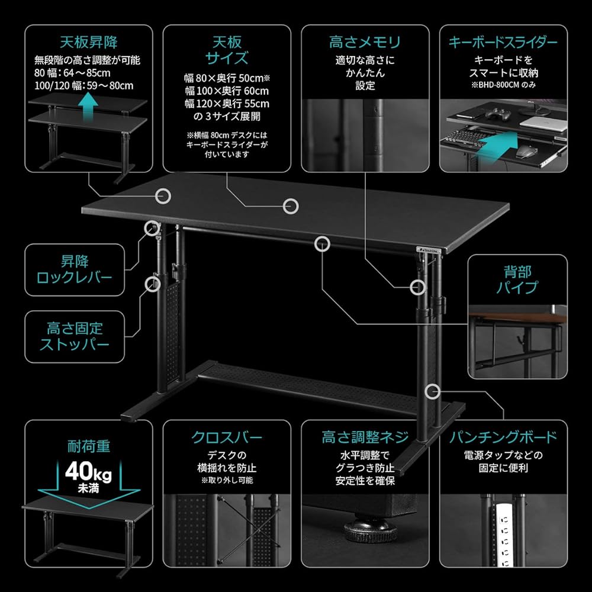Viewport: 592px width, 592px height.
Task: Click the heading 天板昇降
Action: click(89, 42)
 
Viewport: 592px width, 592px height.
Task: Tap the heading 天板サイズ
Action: click(227, 50)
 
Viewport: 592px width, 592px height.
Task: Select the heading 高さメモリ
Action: click(365, 42)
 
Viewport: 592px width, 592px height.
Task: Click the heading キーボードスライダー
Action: click(503, 42)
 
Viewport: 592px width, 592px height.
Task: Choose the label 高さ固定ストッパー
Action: click(75, 336)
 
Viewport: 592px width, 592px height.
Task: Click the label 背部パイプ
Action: click(517, 279)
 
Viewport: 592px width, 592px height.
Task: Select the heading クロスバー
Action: click(227, 437)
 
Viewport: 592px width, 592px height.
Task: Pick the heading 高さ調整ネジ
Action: click(365, 437)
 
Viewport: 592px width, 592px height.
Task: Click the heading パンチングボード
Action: click(503, 437)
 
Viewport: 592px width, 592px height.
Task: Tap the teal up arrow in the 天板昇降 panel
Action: click(89, 108)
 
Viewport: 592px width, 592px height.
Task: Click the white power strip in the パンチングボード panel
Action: click(507, 533)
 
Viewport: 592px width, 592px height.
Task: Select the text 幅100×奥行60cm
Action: click(227, 91)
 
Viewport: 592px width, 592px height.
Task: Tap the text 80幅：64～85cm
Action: click(72, 73)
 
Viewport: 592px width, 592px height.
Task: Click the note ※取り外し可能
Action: click(227, 480)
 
